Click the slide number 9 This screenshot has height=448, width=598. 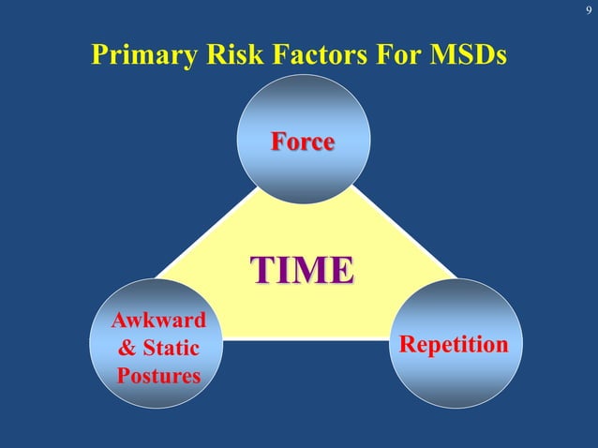tap(588, 11)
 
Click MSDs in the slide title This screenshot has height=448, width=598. tap(468, 55)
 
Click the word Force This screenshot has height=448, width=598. tap(303, 142)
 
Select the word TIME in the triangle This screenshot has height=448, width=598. tap(302, 269)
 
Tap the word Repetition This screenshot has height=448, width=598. tap(455, 344)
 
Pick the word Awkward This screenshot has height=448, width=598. tap(158, 321)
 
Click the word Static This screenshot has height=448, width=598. tap(173, 349)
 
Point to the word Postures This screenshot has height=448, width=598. tap(158, 377)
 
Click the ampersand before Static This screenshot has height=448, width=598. tap(127, 349)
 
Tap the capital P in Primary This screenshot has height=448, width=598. tap(99, 55)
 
